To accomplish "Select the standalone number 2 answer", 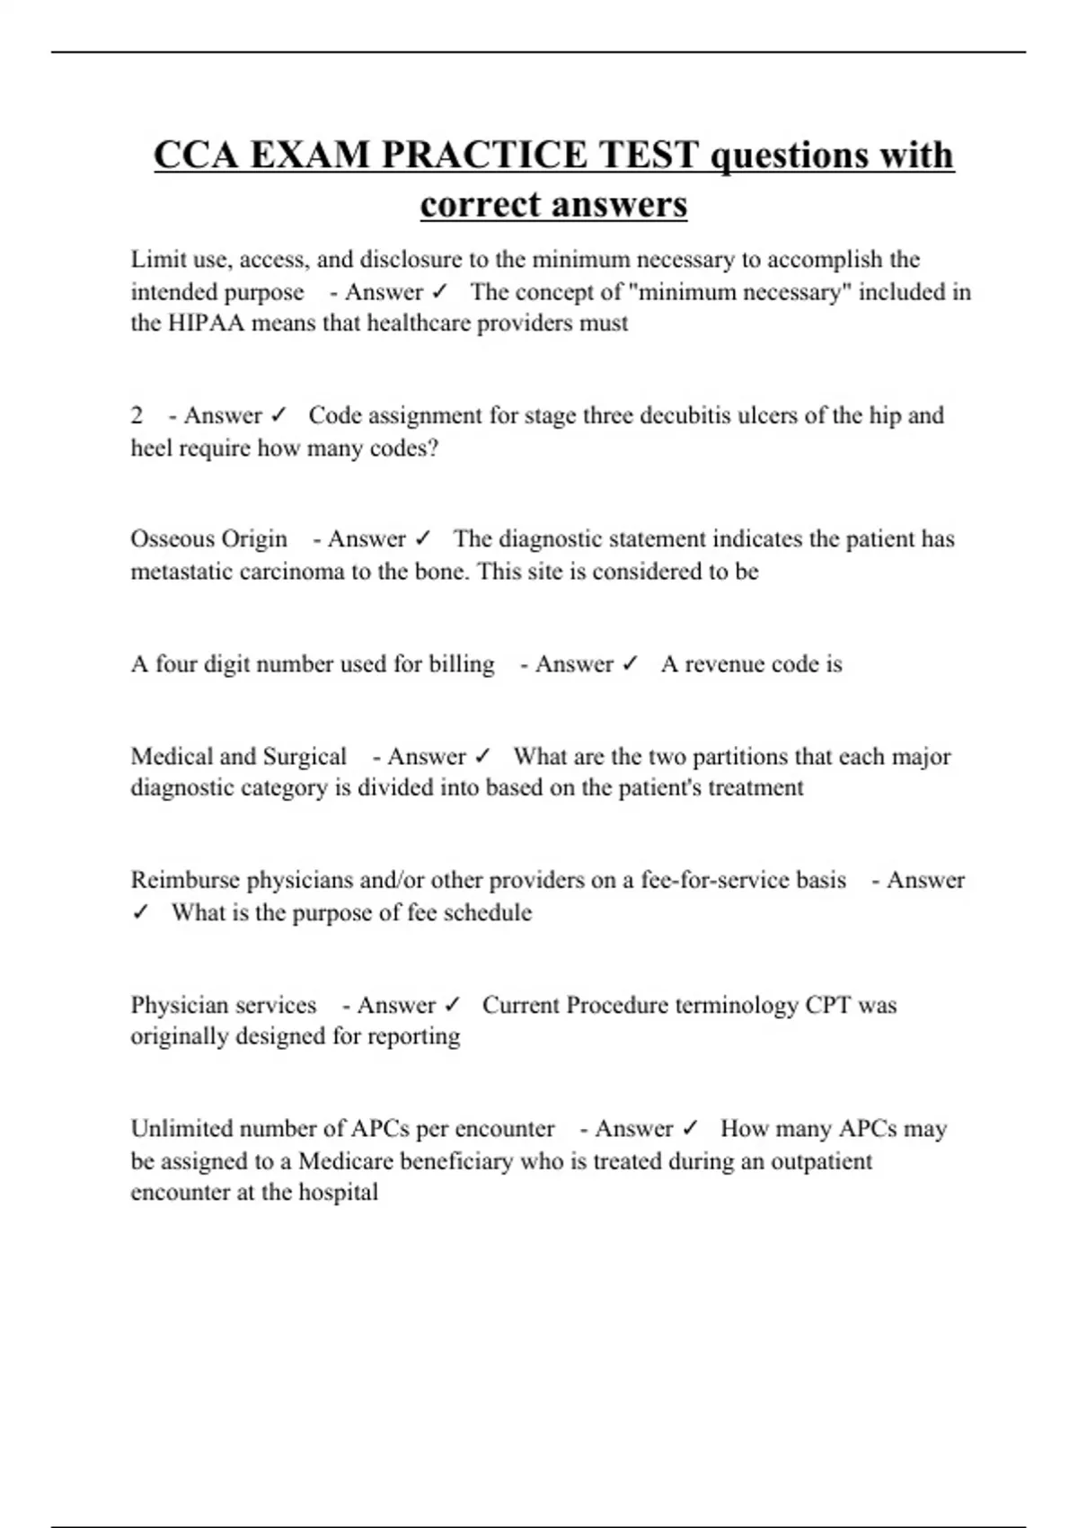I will click(137, 415).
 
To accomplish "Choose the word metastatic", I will click(182, 572).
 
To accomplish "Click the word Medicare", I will click(345, 1161).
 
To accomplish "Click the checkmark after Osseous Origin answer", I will click(422, 538).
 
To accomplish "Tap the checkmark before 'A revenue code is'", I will click(630, 664).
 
